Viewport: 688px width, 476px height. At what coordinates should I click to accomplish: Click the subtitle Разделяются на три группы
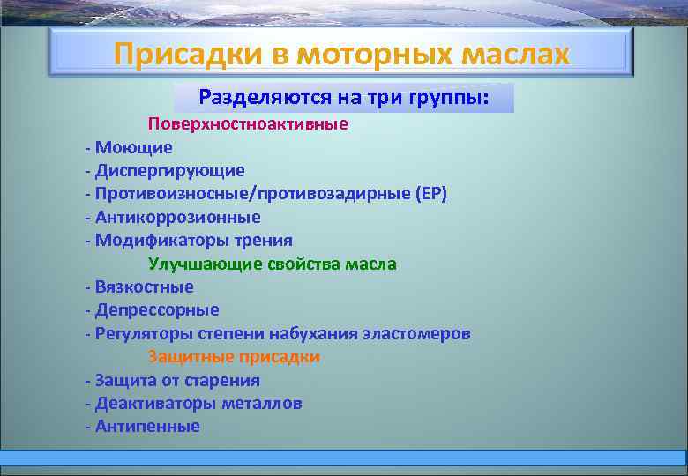pyautogui.click(x=344, y=96)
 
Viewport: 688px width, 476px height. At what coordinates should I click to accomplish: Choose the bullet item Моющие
pyautogui.click(x=133, y=147)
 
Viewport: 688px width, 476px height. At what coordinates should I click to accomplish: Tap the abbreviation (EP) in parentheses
pyautogui.click(x=430, y=194)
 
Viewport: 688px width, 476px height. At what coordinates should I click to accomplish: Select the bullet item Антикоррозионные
pyautogui.click(x=177, y=217)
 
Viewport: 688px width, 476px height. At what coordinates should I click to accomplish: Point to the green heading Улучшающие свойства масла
pyautogui.click(x=273, y=264)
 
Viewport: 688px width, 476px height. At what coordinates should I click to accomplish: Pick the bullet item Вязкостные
pyautogui.click(x=144, y=286)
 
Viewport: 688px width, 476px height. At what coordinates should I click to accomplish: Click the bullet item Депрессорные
pyautogui.click(x=157, y=310)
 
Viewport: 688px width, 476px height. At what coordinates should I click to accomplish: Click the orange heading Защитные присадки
pyautogui.click(x=234, y=357)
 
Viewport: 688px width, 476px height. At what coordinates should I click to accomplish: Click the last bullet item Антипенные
pyautogui.click(x=147, y=427)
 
